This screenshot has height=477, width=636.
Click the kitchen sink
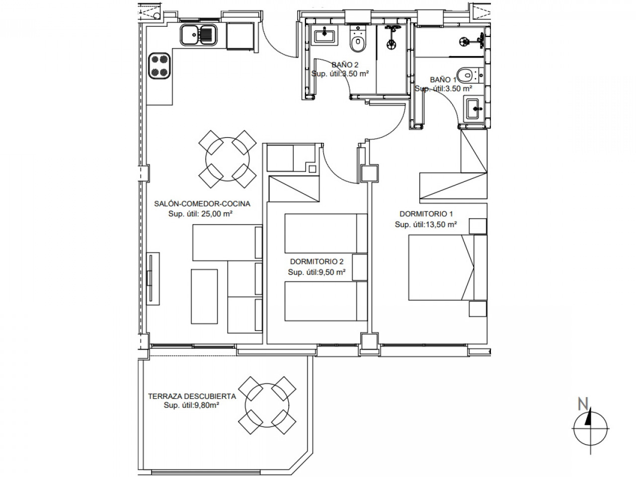pos(198,34)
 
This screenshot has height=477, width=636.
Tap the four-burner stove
pos(160,66)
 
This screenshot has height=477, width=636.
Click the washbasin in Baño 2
pos(324,35)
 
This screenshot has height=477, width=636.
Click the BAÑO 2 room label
pos(345,65)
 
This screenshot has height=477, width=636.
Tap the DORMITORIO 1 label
pos(426,214)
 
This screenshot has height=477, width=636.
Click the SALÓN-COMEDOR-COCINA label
pos(202,204)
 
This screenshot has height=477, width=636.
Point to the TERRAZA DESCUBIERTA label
pos(192,397)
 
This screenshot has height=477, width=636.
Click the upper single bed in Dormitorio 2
pos(320,233)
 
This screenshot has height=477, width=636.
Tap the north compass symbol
pos(590,428)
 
